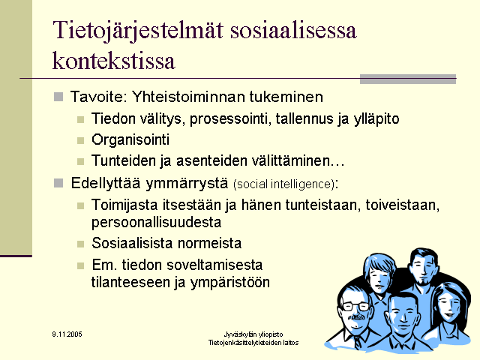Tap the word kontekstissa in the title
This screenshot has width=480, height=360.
tap(113, 60)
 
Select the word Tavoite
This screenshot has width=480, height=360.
tap(97, 97)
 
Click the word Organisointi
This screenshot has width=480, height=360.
tap(130, 140)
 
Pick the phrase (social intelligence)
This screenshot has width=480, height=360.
tap(283, 184)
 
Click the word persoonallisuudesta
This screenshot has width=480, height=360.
tap(156, 223)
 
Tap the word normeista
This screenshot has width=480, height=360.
tap(210, 243)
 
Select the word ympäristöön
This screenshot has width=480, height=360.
tap(230, 283)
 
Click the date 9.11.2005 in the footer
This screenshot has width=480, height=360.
tap(67, 334)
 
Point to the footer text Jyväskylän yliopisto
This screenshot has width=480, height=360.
tap(253, 334)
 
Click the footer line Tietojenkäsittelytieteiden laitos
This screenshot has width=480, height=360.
tap(253, 343)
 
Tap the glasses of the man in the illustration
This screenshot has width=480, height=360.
tap(355, 306)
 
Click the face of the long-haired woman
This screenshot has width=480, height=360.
tap(448, 307)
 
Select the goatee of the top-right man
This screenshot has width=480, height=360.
tap(423, 282)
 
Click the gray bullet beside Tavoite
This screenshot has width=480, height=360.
tap(58, 97)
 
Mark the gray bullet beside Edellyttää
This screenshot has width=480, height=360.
tap(58, 183)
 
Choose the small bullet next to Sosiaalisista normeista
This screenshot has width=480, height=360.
tap(80, 244)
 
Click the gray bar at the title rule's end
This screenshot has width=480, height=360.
tap(408, 79)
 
